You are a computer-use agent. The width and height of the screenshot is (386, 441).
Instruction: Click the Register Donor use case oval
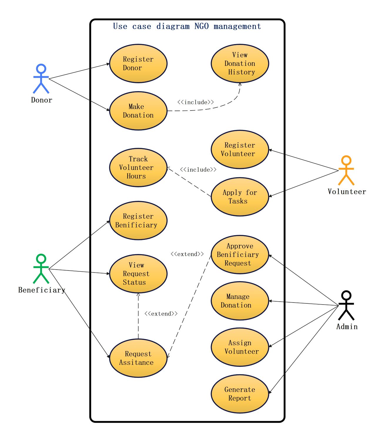click(138, 64)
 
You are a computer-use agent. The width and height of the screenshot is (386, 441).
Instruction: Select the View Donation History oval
click(240, 64)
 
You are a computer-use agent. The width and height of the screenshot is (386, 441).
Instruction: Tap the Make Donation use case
click(138, 111)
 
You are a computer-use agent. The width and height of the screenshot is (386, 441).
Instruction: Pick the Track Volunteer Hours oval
click(138, 168)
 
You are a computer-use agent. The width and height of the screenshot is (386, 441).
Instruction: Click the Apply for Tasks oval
click(240, 197)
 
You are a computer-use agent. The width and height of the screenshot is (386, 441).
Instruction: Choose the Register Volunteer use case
click(240, 149)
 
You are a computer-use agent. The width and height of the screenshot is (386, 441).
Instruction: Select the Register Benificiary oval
click(138, 220)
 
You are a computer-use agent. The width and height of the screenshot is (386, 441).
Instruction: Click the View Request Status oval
click(138, 274)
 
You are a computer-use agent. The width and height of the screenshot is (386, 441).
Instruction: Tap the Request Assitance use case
click(138, 358)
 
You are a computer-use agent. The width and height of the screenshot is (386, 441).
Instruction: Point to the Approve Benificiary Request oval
click(240, 255)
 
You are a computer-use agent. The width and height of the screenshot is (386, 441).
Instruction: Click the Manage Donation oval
click(240, 301)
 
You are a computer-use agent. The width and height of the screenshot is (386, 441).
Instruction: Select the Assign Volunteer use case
click(240, 347)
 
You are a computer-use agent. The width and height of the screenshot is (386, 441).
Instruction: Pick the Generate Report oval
click(240, 394)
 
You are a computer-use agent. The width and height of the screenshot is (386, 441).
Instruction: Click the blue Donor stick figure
click(41, 78)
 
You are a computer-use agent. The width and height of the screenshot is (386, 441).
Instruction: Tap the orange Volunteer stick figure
click(346, 170)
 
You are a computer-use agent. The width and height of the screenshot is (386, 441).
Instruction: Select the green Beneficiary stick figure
click(41, 269)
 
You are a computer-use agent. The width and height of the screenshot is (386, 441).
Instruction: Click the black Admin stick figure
click(346, 305)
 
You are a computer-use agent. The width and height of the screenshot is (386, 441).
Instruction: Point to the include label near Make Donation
click(196, 102)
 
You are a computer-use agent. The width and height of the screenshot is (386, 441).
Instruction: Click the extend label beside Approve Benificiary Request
click(187, 254)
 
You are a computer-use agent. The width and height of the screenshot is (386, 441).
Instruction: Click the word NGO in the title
click(202, 26)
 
